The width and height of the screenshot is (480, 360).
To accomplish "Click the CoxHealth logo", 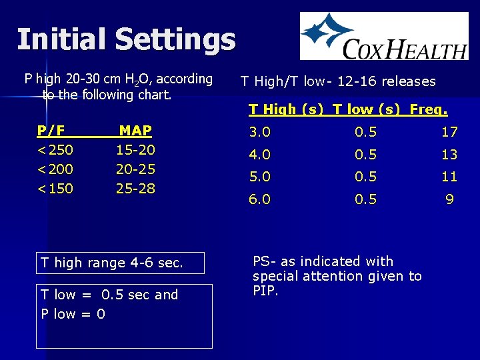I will click(384, 36).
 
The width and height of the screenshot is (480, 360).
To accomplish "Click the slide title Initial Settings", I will click(126, 39).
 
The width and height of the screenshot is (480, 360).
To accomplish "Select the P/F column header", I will click(56, 131).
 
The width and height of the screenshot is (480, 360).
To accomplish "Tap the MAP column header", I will click(135, 131).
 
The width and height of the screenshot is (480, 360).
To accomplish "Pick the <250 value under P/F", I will click(55, 150).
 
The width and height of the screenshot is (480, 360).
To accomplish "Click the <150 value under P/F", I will click(55, 189).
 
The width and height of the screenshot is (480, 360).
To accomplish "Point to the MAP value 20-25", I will click(135, 169).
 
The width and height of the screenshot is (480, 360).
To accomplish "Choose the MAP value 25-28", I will click(135, 189).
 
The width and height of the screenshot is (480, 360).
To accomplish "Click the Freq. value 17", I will click(449, 133).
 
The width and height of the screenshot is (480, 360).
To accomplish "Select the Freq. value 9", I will click(450, 199).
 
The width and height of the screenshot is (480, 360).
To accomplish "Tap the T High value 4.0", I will click(259, 155).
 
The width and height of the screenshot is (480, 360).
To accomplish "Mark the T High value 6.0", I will click(259, 199).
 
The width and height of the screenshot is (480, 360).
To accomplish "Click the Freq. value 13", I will click(449, 155).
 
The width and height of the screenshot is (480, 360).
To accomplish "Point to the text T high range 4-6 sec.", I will click(111, 263).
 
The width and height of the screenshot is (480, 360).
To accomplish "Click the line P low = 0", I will click(73, 314).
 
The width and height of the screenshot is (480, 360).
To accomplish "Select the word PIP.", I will click(265, 291).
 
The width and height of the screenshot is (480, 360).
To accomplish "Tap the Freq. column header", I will click(429, 109).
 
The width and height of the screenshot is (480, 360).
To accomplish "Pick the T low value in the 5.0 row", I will click(365, 177).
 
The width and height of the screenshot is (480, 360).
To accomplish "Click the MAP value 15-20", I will click(135, 150).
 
